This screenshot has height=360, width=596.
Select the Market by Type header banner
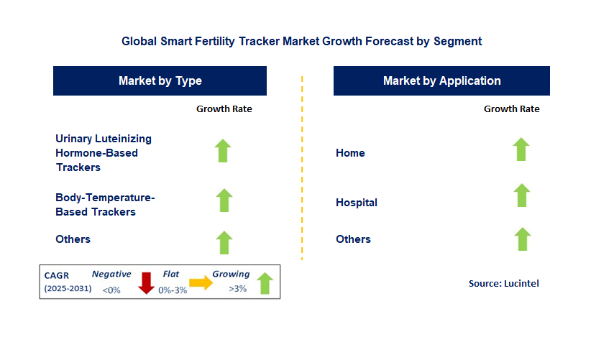point(160,81)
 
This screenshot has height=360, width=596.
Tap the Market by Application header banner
point(441,81)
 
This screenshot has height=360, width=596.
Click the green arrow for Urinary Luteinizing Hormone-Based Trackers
point(223,151)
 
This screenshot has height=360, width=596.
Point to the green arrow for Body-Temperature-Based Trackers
point(224,200)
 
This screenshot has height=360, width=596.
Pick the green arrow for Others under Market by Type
point(224,242)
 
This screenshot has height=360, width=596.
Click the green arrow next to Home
point(521,149)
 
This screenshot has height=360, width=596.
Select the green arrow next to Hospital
point(522,195)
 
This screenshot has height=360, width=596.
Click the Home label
point(350,153)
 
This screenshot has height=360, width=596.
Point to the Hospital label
point(357,203)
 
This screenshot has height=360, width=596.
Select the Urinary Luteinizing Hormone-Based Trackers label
point(104,153)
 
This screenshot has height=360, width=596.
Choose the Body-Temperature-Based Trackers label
point(105,204)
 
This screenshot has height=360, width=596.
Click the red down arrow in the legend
point(147,283)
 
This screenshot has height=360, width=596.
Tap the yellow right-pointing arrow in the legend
point(201,283)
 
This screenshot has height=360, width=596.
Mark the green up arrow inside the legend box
point(265,283)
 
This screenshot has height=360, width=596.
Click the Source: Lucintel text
point(503,284)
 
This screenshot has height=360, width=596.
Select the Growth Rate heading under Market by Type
point(224,109)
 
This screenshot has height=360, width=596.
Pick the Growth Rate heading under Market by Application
point(511,109)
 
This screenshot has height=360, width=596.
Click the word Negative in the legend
point(111,274)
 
